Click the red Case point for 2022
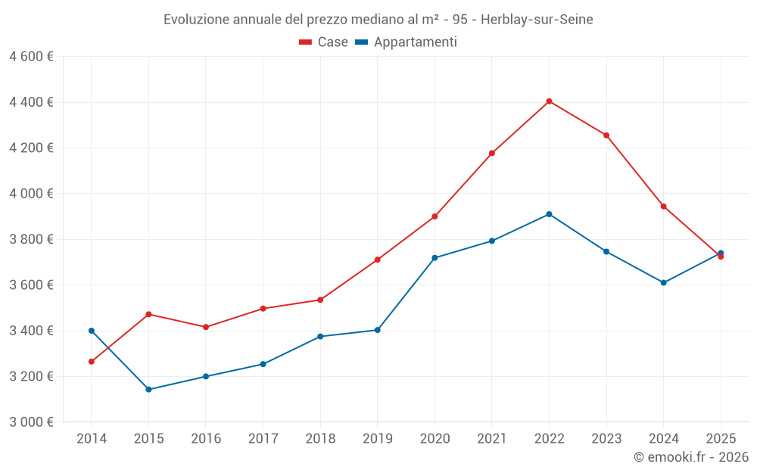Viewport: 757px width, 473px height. [549, 101]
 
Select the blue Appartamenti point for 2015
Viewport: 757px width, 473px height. [148, 390]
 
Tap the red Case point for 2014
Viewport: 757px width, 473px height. [92, 362]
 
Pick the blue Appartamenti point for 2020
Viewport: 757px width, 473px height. [435, 258]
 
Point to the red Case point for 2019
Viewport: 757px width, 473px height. [377, 260]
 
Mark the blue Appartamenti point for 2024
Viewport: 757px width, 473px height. [663, 283]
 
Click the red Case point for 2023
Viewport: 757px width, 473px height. [606, 135]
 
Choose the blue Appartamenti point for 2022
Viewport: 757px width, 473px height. [549, 214]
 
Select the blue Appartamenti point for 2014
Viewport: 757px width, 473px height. [92, 331]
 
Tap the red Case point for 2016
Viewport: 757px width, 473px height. [206, 327]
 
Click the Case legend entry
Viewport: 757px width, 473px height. [324, 42]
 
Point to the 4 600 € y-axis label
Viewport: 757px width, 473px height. [32, 57]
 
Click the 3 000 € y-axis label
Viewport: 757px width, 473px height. [32, 422]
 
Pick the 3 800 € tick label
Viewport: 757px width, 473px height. [32, 239]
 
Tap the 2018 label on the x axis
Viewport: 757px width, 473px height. [320, 439]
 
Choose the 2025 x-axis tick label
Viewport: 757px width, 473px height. [721, 439]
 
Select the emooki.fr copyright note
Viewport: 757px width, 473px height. [691, 457]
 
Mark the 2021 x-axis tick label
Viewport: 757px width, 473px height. [492, 439]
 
